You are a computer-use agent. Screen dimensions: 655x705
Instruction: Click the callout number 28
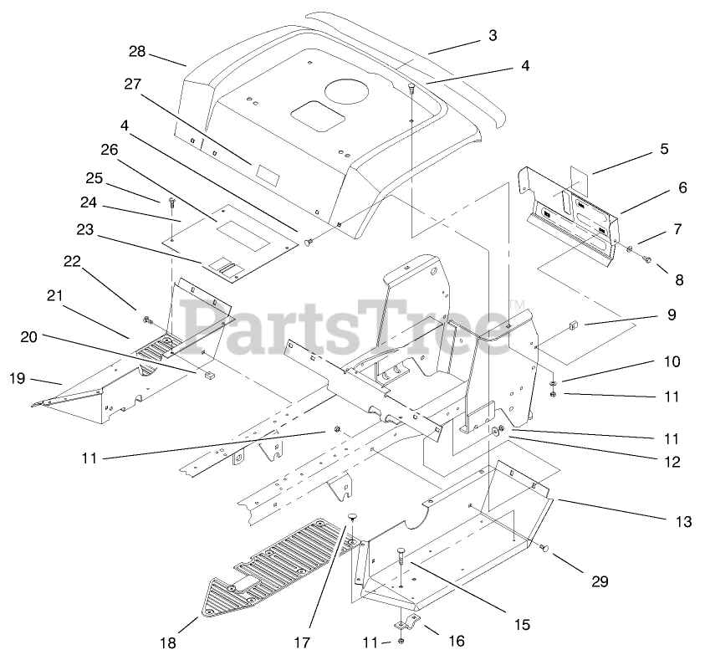pos(137,52)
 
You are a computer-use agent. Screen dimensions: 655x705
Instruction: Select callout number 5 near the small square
pos(665,149)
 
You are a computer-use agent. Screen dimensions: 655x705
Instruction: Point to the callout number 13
pos(683,522)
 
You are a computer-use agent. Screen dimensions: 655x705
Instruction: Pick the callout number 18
pos(168,642)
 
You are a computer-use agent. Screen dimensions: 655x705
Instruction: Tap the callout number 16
pos(457,641)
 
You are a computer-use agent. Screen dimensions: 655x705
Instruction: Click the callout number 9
pos(672,315)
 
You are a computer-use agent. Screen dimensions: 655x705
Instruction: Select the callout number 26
pos(109,149)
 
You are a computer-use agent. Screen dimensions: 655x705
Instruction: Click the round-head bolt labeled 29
pos(545,549)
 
